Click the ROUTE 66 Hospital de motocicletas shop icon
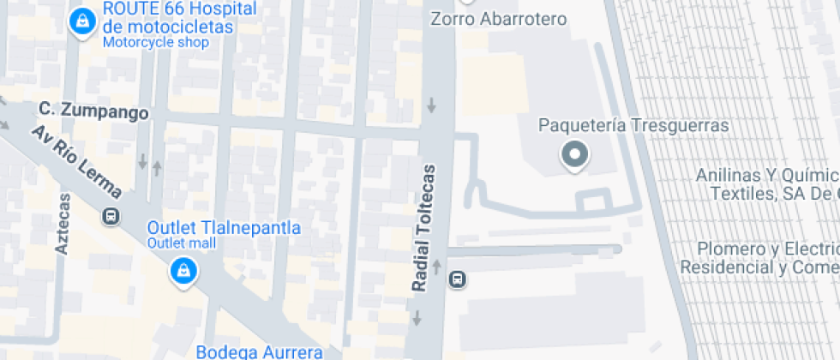coord(81,21)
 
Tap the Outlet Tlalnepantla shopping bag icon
coord(183,273)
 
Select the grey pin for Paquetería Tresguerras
coord(573,156)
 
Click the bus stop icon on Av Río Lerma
coord(111,216)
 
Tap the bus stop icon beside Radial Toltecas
coord(459,279)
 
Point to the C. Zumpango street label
coord(93,111)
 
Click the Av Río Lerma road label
coord(76,163)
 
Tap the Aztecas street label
coord(62,223)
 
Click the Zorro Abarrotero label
coord(498,19)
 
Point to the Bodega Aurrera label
coord(259,351)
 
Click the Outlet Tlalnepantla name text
coord(224,228)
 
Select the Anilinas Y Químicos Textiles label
coord(767,184)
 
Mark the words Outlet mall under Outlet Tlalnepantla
coord(182,243)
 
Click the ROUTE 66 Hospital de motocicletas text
coord(179,18)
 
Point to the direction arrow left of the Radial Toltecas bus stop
coord(436,267)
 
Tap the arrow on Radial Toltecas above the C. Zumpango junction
coord(431,105)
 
